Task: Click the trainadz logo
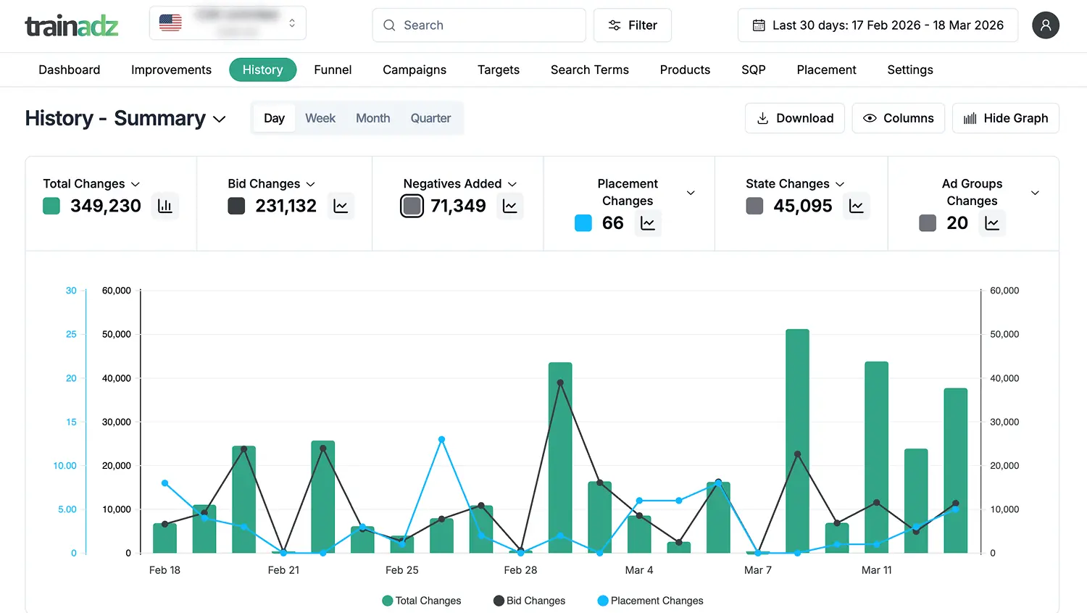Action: tap(72, 26)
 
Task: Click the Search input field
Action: tap(479, 25)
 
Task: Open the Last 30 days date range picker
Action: tap(878, 25)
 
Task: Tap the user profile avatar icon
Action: tap(1045, 25)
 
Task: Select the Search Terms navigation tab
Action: tap(589, 70)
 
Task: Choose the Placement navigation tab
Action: tap(826, 70)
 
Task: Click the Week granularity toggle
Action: tap(320, 118)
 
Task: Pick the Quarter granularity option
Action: tap(430, 118)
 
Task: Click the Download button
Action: tap(795, 118)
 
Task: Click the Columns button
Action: tap(898, 118)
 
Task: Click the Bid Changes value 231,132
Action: tap(286, 206)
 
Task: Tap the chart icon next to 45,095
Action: tap(856, 207)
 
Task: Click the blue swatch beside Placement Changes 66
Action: tap(583, 223)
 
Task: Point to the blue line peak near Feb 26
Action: tap(441, 439)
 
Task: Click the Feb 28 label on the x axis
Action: tap(520, 570)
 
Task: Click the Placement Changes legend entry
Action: tap(650, 601)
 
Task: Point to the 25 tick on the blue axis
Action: tap(71, 334)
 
